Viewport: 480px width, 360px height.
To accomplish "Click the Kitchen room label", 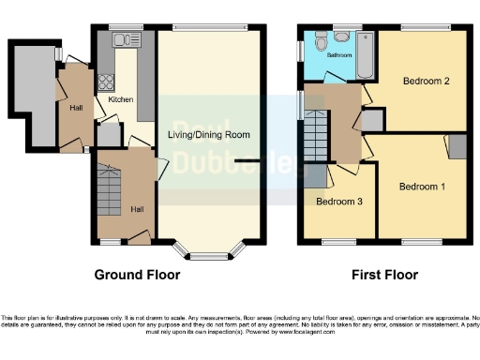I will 121,99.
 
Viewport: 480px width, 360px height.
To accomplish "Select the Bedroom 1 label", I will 421,187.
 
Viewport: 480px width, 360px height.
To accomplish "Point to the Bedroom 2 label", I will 426,82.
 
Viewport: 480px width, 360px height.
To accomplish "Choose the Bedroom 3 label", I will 338,202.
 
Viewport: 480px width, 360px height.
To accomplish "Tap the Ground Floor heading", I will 137,276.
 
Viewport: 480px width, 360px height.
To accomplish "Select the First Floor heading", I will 385,276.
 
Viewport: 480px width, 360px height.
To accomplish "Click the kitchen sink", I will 121,39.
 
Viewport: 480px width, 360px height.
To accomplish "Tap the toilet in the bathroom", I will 321,40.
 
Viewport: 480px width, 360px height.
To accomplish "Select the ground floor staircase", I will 108,187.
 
